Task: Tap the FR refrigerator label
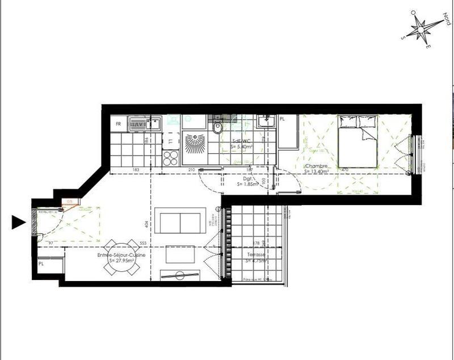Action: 119,123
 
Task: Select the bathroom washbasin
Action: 265,121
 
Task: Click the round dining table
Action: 121,258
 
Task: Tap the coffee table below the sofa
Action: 180,255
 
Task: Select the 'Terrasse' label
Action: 256,255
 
